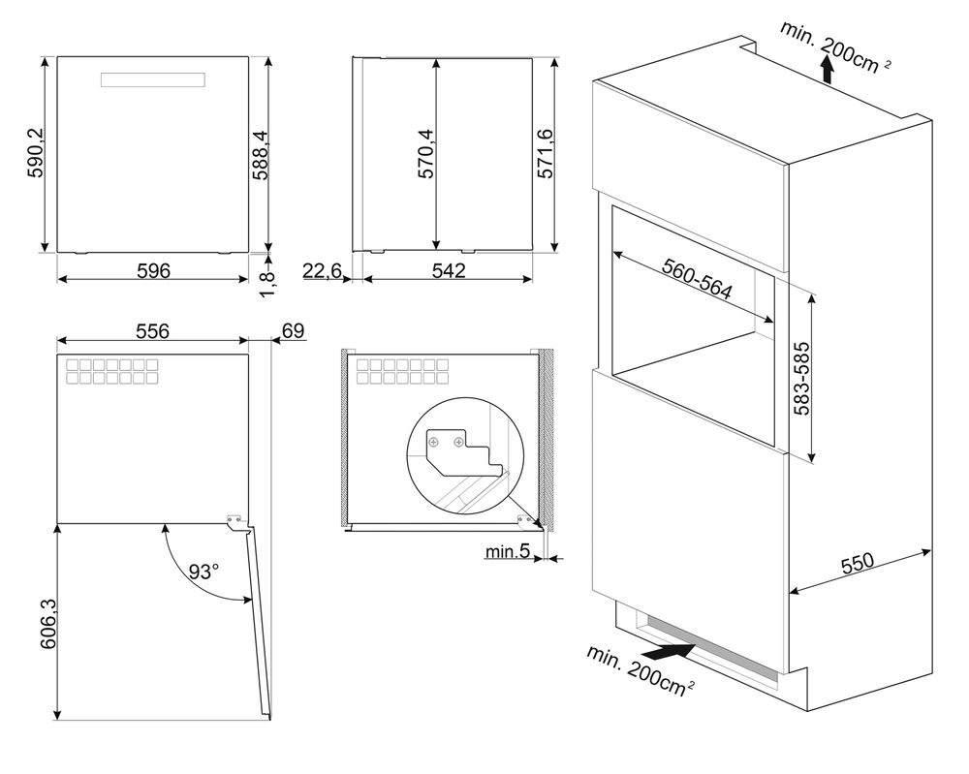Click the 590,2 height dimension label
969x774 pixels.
coord(36,152)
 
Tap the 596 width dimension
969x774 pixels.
coord(153,270)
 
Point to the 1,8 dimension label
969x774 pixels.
coord(267,284)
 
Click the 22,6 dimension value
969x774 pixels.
coord(322,270)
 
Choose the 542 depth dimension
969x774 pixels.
coord(448,270)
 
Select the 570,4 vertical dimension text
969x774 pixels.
coord(425,153)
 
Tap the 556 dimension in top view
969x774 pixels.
coord(152,331)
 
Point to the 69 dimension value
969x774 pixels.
coord(293,331)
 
